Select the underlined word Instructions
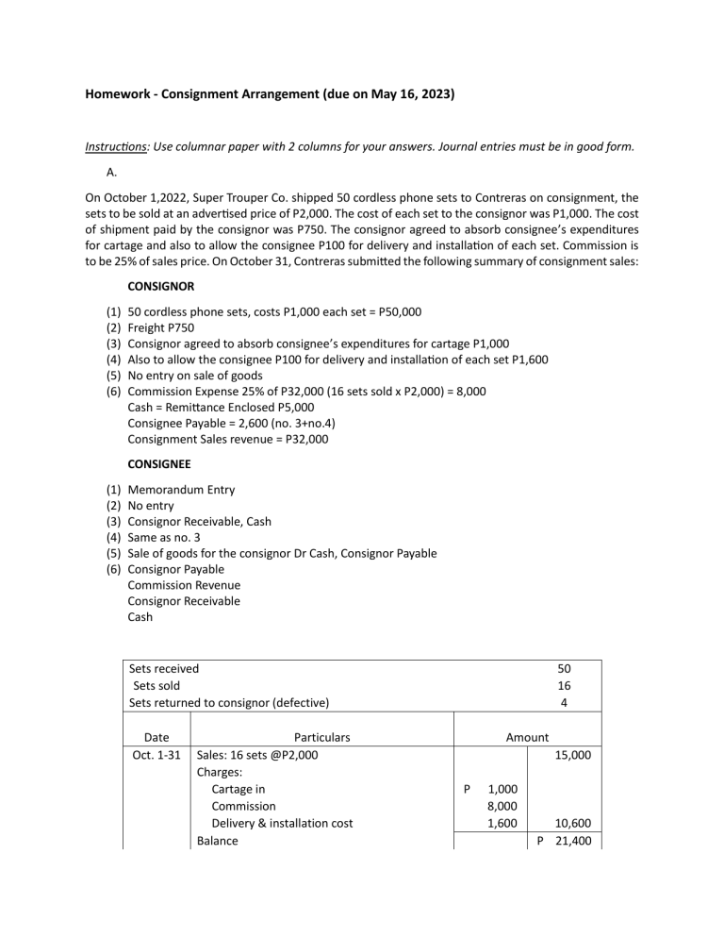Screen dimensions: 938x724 [120, 147]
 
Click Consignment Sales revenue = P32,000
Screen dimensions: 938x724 [228, 439]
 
